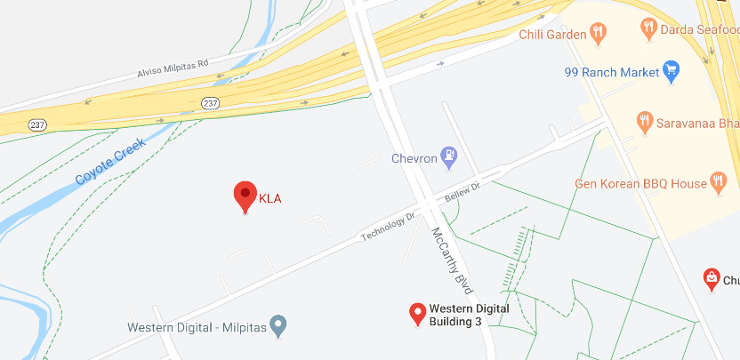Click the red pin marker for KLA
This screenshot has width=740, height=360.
[x=245, y=195]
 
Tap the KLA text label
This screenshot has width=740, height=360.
[x=269, y=198]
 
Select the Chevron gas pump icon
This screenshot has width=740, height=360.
[x=450, y=158]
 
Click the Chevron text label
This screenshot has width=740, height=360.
[x=414, y=159]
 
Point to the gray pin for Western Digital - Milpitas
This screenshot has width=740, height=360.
[x=278, y=326]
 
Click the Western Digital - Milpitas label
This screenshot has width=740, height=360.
[x=197, y=327]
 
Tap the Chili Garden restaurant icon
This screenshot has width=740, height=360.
[x=599, y=35]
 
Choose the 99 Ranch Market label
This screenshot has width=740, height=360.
[x=613, y=72]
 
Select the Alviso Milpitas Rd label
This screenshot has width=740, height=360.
[x=172, y=69]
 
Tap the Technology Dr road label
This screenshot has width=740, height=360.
[x=388, y=227]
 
